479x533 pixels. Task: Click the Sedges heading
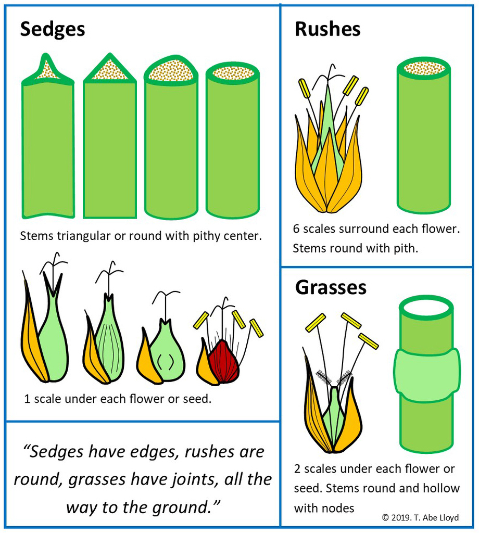(52, 30)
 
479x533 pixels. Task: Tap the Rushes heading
(327, 30)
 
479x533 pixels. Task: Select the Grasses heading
(331, 287)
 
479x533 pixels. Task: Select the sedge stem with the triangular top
(110, 146)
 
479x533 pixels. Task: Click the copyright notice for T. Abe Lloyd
(420, 517)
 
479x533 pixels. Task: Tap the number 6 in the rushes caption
(297, 229)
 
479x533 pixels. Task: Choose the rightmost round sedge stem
(233, 146)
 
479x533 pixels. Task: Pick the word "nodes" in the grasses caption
(339, 507)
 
